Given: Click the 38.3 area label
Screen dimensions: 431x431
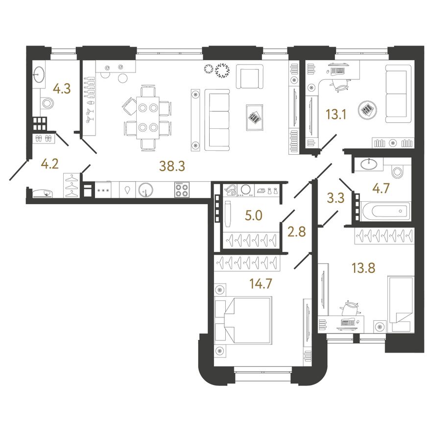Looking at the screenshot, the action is click(172, 166).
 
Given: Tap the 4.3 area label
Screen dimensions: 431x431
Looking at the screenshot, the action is click(62, 89).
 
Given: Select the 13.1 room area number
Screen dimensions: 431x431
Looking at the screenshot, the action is click(336, 114).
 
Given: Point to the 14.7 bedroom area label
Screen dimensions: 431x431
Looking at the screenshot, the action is click(261, 284).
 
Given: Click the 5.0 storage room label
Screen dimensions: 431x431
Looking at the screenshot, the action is click(253, 215).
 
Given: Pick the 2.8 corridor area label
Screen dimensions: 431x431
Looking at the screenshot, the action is click(297, 232).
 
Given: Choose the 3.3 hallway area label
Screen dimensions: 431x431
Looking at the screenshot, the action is click(336, 198).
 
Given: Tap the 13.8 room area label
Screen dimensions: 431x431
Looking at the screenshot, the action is click(363, 268).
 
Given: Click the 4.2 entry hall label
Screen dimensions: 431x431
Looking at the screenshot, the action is click(50, 164).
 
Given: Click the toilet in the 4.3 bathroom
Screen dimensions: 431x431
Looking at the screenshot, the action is click(48, 104).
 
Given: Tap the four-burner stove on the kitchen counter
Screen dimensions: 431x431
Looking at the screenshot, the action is click(181, 190).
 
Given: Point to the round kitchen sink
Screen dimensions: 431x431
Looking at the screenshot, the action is click(145, 190).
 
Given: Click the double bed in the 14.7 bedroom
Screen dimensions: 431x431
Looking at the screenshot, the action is click(243, 320).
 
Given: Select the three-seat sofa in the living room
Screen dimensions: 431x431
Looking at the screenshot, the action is click(217, 120).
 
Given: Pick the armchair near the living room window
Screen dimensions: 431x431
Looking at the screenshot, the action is click(250, 76).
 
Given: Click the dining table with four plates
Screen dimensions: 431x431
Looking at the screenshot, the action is click(148, 118).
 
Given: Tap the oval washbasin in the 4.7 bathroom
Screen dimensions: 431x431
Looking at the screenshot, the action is click(369, 165).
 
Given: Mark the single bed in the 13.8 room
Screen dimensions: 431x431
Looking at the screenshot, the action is click(401, 304).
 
